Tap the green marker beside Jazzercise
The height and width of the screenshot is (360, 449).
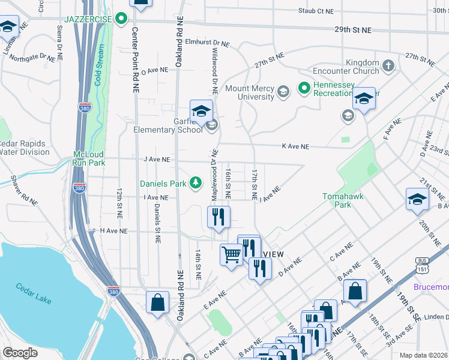[122, 19]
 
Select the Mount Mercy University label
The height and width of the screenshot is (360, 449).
[250, 92]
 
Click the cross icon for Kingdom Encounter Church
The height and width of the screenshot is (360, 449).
[388, 65]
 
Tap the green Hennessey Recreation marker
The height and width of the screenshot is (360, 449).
[304, 89]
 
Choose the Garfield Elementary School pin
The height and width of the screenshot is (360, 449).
[202, 111]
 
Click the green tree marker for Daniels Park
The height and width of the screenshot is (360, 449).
[195, 182]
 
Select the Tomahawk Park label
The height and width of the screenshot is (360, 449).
[343, 200]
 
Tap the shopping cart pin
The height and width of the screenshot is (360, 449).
[232, 255]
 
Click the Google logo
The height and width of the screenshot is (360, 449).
[20, 353]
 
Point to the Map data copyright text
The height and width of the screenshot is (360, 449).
[424, 355]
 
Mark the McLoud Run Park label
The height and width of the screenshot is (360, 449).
[89, 158]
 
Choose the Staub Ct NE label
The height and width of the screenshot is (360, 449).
[316, 11]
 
